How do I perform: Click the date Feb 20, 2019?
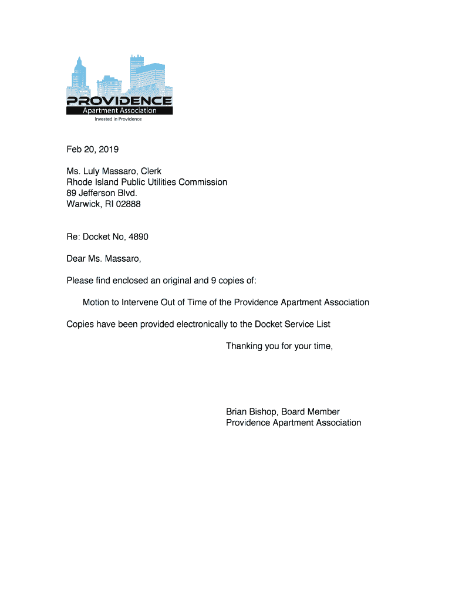tap(92, 149)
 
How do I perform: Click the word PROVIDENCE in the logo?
tap(119, 100)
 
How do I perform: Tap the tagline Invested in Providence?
tap(119, 119)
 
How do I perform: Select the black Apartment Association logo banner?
tap(119, 110)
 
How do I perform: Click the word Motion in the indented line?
tap(96, 302)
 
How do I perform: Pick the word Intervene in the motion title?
tap(140, 302)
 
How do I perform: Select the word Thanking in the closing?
tap(244, 346)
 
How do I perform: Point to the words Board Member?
tap(311, 411)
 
